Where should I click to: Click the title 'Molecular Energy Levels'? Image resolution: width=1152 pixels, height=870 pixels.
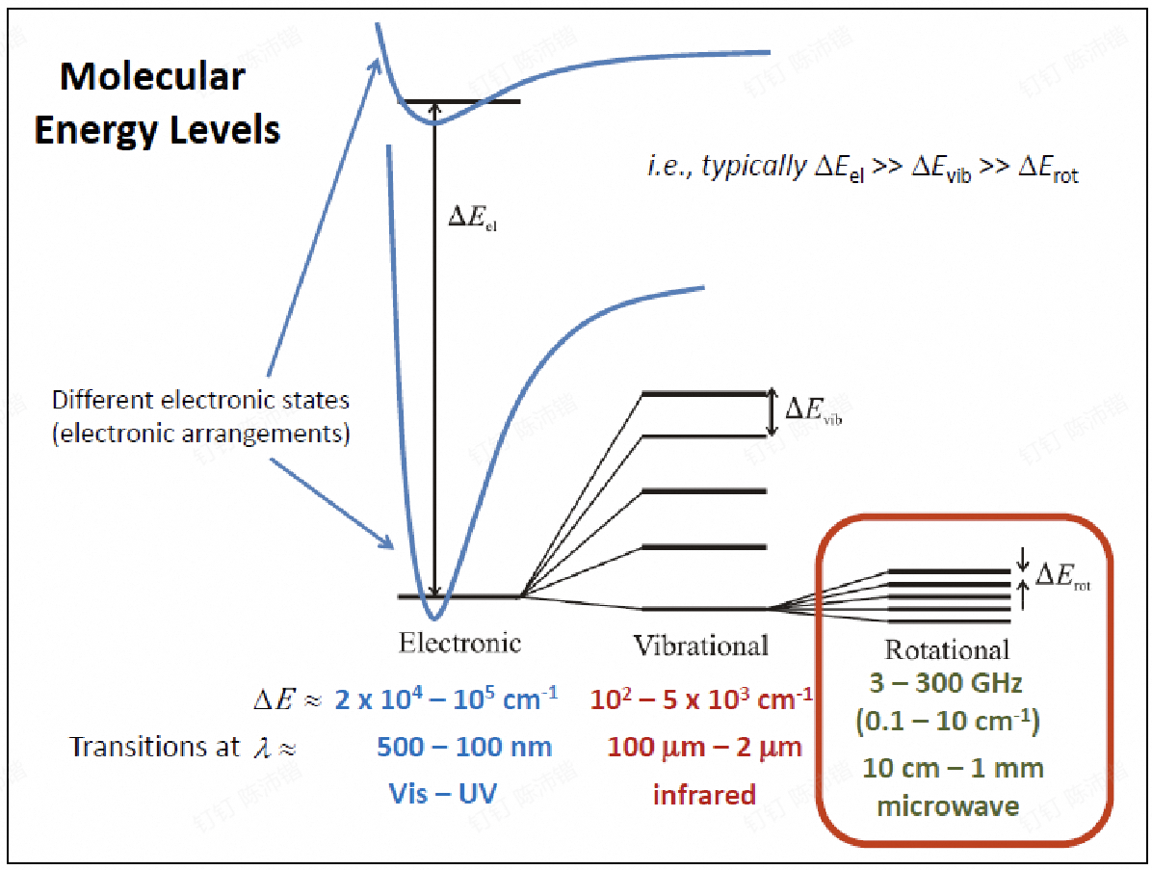click(156, 104)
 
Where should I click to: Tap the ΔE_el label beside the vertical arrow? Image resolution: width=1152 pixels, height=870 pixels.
click(472, 218)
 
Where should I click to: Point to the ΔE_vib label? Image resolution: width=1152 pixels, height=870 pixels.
click(813, 410)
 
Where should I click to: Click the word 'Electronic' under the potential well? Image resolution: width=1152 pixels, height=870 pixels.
click(459, 643)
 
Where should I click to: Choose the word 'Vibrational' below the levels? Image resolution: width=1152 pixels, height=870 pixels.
click(701, 646)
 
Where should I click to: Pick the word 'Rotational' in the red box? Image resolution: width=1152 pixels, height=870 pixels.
click(947, 649)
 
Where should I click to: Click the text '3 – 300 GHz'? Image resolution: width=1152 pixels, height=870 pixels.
click(946, 683)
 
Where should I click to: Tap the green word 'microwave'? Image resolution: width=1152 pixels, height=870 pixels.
click(949, 806)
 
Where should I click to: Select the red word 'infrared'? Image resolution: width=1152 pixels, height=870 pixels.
click(704, 794)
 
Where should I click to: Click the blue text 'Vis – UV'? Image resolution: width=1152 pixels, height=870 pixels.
click(443, 794)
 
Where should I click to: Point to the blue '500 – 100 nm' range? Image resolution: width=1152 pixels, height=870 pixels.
click(464, 748)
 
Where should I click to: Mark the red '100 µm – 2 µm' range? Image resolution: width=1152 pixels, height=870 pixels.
click(704, 748)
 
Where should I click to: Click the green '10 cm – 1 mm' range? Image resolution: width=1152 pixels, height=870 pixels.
click(953, 769)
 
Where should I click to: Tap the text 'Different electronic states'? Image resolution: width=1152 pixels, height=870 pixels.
click(200, 400)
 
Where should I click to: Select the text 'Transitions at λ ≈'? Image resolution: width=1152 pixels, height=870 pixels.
click(183, 748)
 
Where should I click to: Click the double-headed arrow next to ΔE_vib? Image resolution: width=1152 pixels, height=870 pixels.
click(772, 412)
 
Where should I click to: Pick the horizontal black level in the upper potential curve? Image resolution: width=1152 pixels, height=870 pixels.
click(459, 101)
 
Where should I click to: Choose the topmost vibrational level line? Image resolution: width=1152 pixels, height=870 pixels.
click(704, 394)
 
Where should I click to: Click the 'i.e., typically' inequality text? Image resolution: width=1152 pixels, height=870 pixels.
click(862, 169)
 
